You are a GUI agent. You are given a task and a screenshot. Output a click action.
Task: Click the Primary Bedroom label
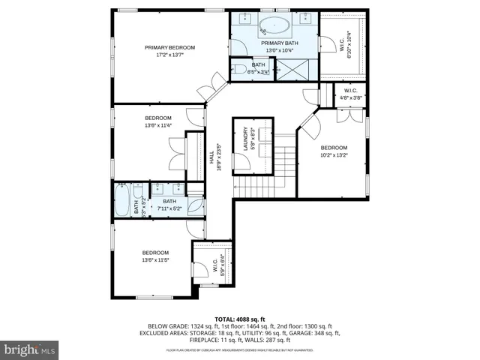click(x=164, y=47)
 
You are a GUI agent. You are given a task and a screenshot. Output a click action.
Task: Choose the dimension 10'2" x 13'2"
click(x=334, y=156)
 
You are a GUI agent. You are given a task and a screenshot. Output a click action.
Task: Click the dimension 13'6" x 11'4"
click(x=158, y=126)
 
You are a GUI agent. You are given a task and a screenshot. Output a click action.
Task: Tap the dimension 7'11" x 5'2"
click(x=169, y=209)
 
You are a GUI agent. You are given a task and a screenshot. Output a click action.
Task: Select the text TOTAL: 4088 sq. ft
click(x=239, y=319)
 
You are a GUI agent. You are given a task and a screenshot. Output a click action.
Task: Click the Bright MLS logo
click(x=29, y=349)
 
